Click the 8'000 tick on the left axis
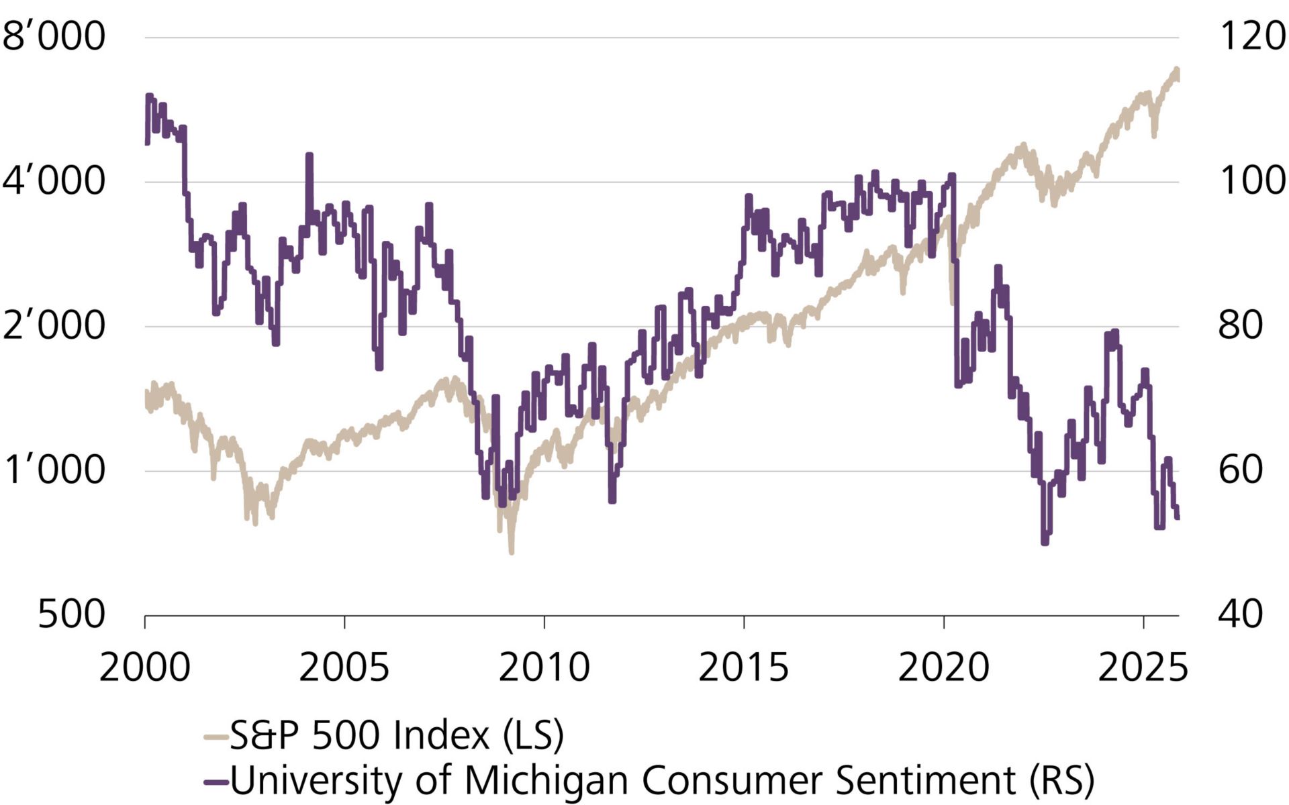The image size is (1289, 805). coord(54,36)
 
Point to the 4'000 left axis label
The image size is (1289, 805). coord(54,181)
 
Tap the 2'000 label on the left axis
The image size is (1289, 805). coord(54,326)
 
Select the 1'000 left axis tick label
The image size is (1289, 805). coord(54,470)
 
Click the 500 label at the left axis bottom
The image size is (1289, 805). coord(71,615)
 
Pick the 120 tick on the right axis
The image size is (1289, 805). coord(1251,36)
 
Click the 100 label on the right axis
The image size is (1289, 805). coord(1251,181)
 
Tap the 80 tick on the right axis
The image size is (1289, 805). coord(1241,326)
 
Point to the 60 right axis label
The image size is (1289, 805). coord(1241,470)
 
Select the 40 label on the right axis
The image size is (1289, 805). coord(1241,615)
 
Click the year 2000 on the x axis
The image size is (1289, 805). coord(145,668)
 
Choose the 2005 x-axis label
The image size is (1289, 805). coord(344,668)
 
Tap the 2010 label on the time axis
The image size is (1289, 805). coord(544,668)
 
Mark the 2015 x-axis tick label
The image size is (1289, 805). coord(743,668)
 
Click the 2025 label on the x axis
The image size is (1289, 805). coord(1143,668)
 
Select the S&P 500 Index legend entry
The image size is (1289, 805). coord(396,736)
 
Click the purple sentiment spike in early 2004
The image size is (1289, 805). coord(309,156)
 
